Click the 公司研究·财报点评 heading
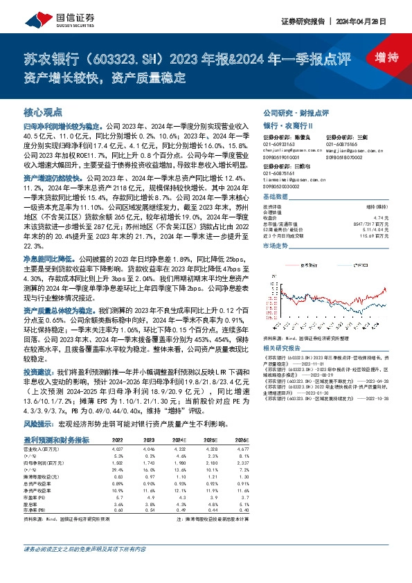tap(295, 111)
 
